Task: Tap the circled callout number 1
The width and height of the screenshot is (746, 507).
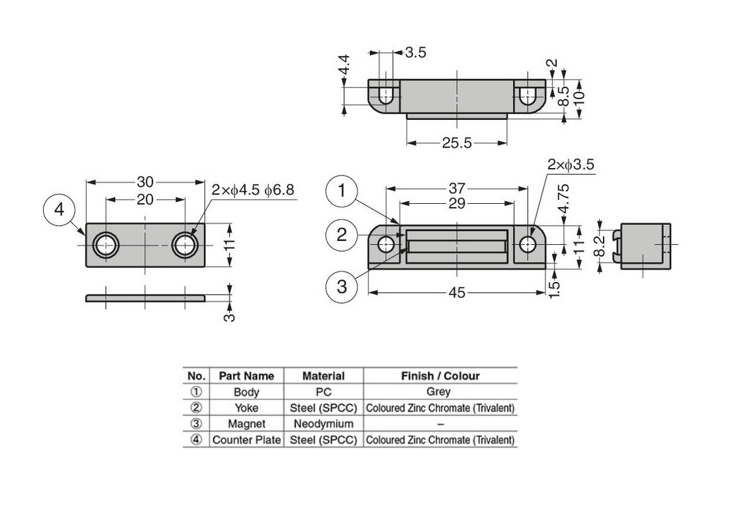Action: (342, 192)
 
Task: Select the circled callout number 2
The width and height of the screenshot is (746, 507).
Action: (342, 235)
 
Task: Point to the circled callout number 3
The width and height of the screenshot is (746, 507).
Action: (342, 286)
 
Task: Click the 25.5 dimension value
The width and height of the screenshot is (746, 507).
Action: (457, 143)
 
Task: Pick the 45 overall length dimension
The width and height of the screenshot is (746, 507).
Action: (457, 293)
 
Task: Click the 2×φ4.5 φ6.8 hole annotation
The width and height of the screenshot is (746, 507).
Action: (254, 190)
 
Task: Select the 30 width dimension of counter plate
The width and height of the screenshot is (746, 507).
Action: (146, 181)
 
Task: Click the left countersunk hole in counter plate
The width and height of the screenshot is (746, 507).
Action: (105, 245)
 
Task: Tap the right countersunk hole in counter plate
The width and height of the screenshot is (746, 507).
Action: (185, 245)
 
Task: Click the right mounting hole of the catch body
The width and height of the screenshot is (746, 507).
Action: (528, 245)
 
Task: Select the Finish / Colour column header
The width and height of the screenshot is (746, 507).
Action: (440, 376)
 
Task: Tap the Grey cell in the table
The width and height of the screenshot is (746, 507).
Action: (440, 392)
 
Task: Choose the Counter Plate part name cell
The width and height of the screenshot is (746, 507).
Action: (246, 439)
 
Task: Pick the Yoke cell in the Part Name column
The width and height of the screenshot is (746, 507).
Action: (246, 408)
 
